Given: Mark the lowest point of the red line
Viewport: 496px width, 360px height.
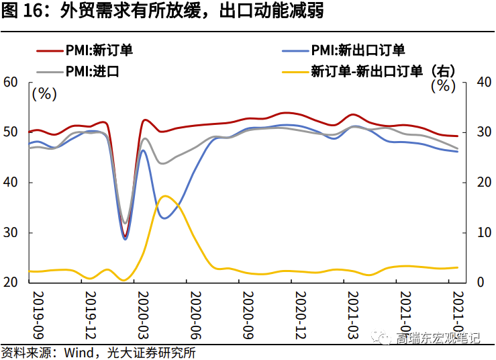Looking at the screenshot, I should point(125,237).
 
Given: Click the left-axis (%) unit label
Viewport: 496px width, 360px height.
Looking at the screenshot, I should point(45,93).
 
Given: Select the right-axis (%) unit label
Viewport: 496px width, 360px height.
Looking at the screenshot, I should point(442,85).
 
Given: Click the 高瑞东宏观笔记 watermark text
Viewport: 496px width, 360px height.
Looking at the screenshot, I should point(438,338).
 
